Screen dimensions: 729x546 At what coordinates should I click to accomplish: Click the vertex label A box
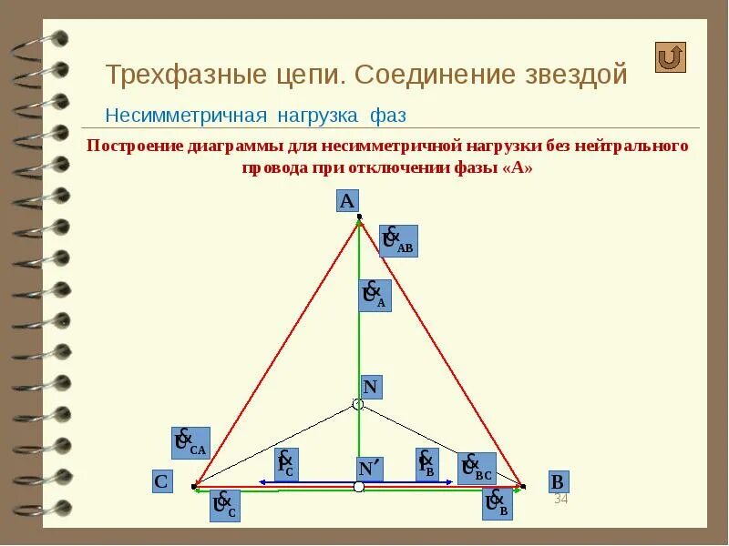coord(347,201)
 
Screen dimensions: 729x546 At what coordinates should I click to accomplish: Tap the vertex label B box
coord(559,481)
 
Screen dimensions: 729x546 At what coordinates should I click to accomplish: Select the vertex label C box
coord(161,481)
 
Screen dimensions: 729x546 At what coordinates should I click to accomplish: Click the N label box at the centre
coord(370,386)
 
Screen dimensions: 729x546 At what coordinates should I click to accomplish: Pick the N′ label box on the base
coord(369,468)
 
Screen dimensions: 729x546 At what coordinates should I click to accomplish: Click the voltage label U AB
coord(397,241)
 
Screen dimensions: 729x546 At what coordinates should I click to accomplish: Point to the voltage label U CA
coord(190,442)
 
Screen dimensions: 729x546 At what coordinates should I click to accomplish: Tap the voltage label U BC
coord(477,468)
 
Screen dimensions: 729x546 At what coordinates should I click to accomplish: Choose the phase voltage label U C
coord(224,505)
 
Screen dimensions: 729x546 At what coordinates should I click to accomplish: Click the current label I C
coord(286,464)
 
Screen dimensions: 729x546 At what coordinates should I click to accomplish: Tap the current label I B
coord(426,464)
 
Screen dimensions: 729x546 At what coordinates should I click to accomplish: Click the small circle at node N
coord(358,404)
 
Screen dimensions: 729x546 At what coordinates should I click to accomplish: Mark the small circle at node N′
coord(359,488)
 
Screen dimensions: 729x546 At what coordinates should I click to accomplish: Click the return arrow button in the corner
coord(670,57)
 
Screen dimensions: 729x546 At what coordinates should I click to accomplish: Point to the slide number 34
coord(560,500)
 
